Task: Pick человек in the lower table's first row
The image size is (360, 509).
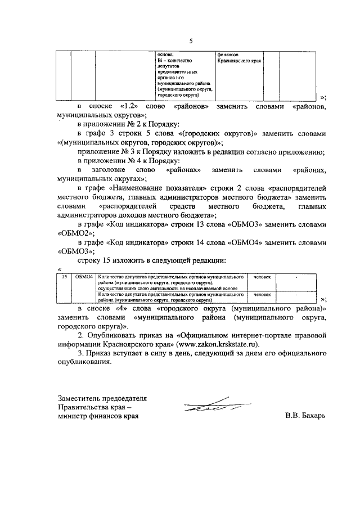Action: pos(262,277)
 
